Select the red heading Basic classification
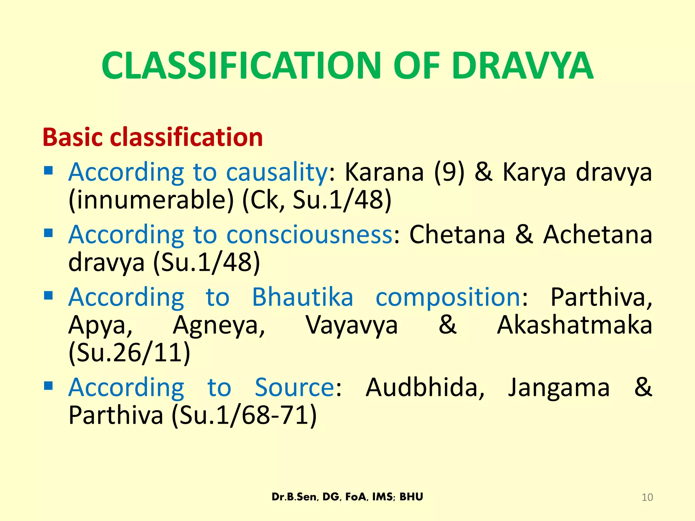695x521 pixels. [x=153, y=137]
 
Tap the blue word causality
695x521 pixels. [x=277, y=172]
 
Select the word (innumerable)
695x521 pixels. [x=151, y=199]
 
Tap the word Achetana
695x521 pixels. [x=598, y=234]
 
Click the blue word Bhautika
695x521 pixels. [x=303, y=297]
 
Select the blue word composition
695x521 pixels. [x=448, y=297]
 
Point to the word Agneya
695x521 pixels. [x=219, y=325]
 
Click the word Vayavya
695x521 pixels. [x=352, y=325]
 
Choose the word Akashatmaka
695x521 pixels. [x=575, y=325]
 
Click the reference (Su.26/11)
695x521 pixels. [x=129, y=353]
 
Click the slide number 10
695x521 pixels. [x=647, y=497]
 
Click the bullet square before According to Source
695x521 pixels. [x=49, y=386]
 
